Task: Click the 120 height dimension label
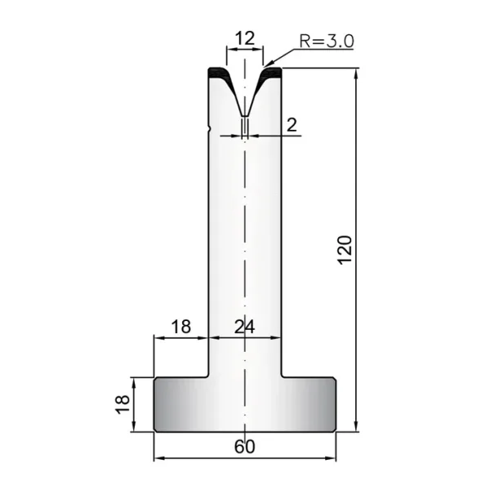point(345,250)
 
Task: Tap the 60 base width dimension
point(245,447)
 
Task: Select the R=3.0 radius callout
point(327,41)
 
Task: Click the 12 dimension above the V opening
point(245,38)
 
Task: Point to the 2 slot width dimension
point(292,125)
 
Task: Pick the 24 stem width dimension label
point(245,327)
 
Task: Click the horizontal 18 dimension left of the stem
point(181,327)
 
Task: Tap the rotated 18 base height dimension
point(122,404)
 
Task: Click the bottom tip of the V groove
point(245,116)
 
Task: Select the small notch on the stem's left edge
point(209,128)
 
